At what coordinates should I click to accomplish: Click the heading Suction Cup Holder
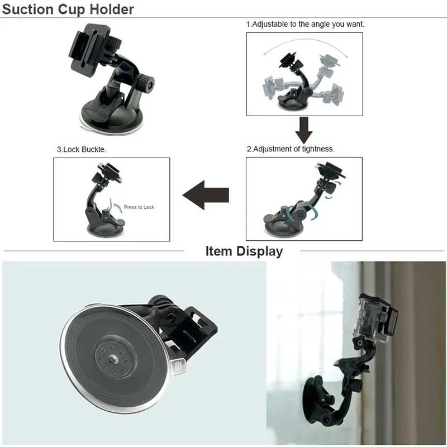pos(69,9)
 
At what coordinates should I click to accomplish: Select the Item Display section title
pos(244,251)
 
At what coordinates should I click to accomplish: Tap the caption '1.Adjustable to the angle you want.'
pos(305,25)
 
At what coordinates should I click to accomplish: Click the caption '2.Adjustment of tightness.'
pos(291,149)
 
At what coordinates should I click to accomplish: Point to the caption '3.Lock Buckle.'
pos(82,150)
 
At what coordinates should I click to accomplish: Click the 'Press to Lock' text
pos(139,207)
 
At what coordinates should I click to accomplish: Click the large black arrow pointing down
pos(304,130)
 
